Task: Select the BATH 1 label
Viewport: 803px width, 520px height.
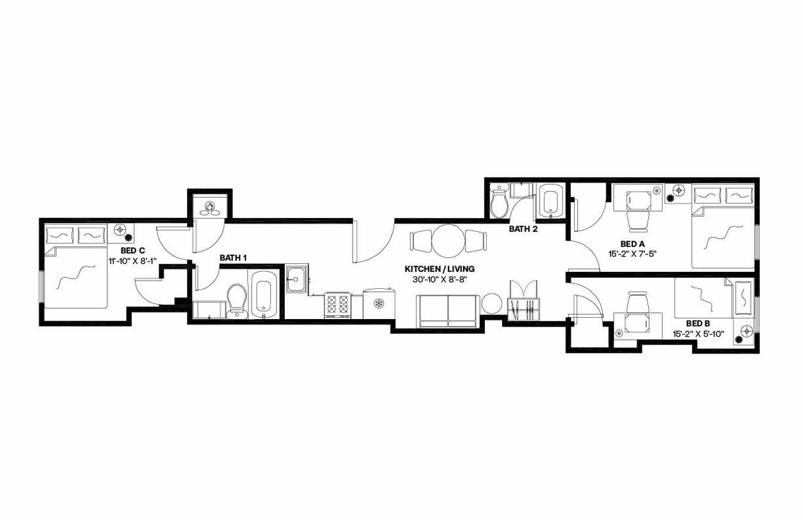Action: (x=233, y=258)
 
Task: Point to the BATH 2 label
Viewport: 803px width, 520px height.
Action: (x=523, y=229)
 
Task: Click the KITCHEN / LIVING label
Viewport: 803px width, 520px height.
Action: (x=439, y=269)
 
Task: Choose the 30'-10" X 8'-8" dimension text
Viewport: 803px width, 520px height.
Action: (x=439, y=279)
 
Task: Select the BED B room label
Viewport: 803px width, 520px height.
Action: (x=698, y=323)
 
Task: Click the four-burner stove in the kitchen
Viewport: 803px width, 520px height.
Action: (x=337, y=305)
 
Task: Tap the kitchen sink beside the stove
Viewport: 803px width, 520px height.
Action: (x=296, y=279)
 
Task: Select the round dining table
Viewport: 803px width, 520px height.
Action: (x=448, y=241)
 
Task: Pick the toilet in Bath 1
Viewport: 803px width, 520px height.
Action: (x=237, y=300)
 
